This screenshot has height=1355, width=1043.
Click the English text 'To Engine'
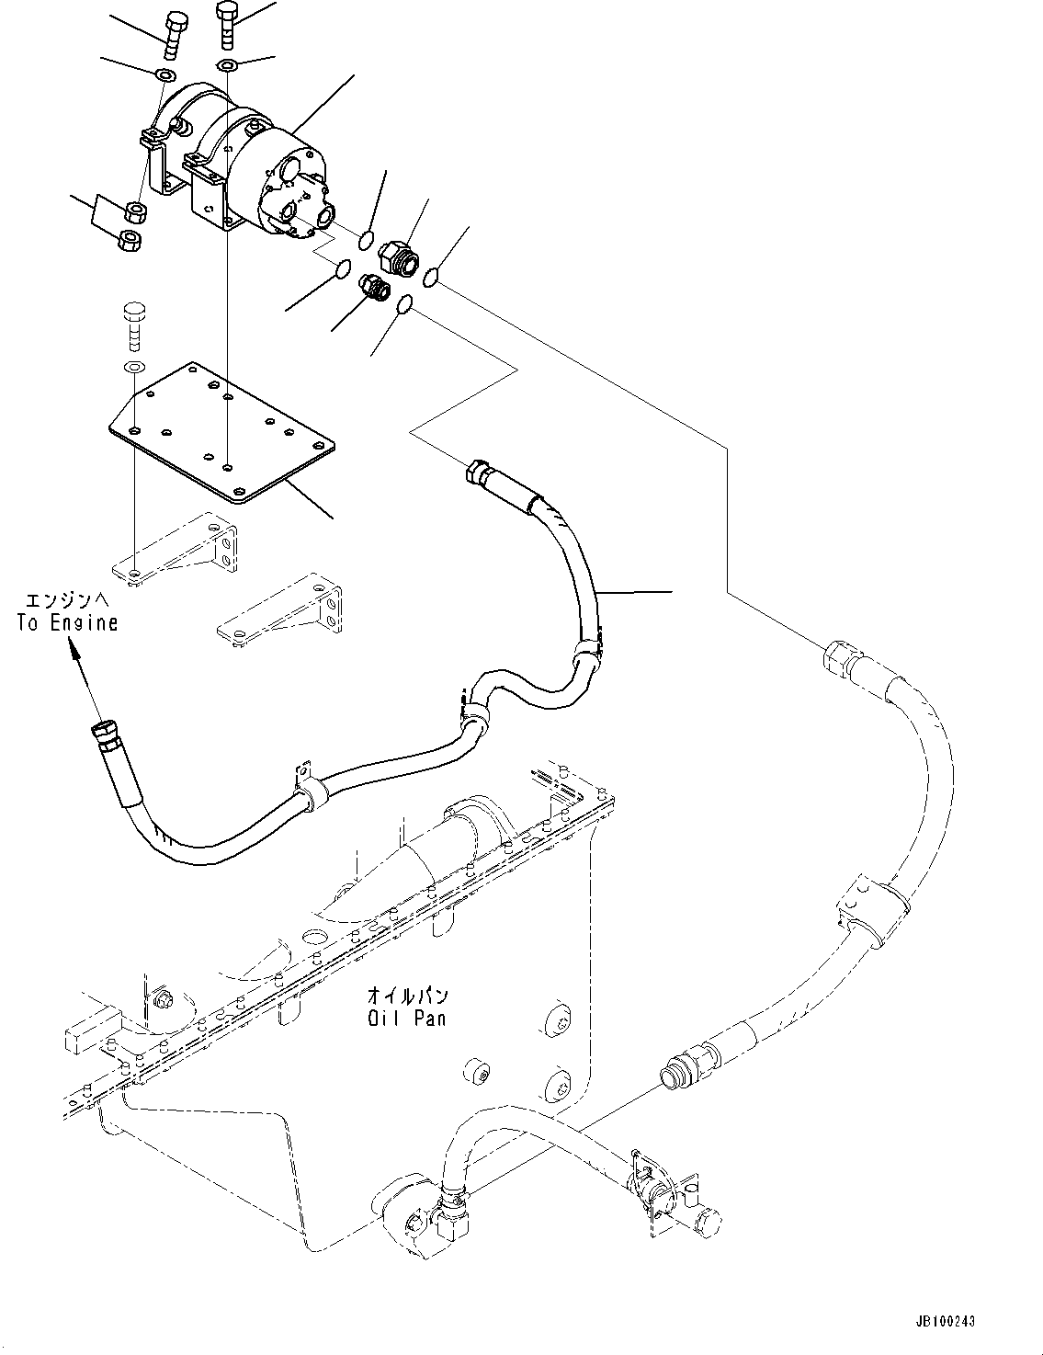click(67, 622)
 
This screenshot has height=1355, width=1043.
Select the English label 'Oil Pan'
click(405, 1019)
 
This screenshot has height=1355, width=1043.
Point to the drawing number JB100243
click(943, 1321)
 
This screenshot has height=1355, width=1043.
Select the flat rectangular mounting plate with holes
click(220, 430)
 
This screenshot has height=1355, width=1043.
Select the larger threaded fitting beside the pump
click(398, 255)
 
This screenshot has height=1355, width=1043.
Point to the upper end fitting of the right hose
click(838, 658)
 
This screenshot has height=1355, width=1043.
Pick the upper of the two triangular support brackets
click(176, 553)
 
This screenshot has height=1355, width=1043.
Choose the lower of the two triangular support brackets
click(281, 609)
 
